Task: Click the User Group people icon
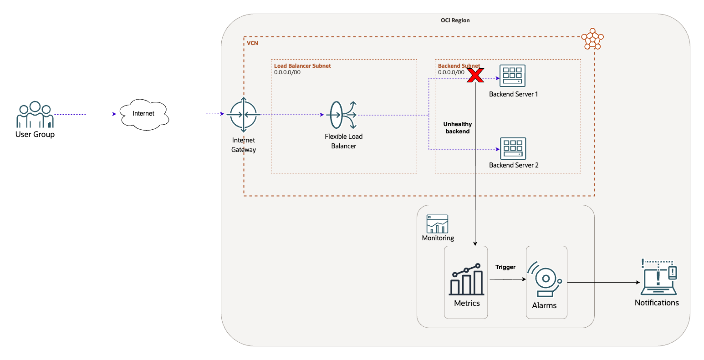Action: [35, 115]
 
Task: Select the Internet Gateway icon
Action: [244, 115]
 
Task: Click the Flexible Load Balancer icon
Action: [342, 115]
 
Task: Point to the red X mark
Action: [475, 76]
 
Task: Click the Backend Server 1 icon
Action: [512, 76]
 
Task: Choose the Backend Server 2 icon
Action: [513, 148]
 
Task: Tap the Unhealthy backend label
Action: [458, 128]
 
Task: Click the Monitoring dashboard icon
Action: [437, 224]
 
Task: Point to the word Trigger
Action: [505, 267]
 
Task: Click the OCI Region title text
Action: [455, 20]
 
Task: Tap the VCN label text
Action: [252, 43]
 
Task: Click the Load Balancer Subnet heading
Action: [302, 66]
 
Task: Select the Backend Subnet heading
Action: [459, 66]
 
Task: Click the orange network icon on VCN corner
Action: [592, 40]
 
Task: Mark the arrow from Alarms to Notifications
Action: [603, 283]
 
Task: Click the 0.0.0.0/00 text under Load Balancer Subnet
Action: [287, 72]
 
